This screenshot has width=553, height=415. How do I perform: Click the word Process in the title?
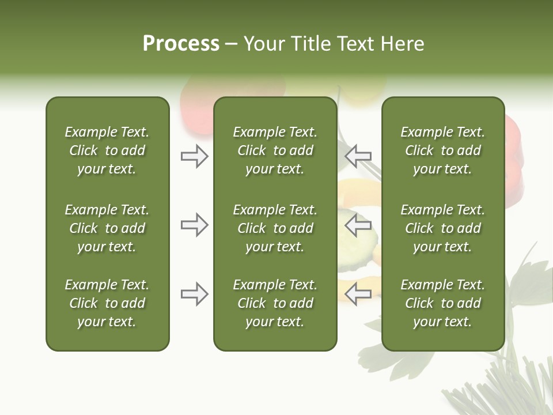(x=181, y=44)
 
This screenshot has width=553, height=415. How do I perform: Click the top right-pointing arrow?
(x=194, y=156)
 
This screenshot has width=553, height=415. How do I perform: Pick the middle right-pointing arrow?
(x=194, y=225)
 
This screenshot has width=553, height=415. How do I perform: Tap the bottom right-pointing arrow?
(x=194, y=294)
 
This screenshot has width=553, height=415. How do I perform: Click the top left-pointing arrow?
(x=358, y=156)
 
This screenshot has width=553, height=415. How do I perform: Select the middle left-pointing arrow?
(x=358, y=225)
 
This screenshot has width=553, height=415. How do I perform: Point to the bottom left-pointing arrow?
(x=358, y=293)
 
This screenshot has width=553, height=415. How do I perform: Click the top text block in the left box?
(x=107, y=150)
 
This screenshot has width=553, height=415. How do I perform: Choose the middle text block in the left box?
(x=107, y=228)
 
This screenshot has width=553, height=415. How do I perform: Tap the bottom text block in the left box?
(x=107, y=303)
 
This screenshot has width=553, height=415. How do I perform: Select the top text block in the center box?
(x=275, y=150)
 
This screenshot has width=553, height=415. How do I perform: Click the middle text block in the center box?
(x=275, y=228)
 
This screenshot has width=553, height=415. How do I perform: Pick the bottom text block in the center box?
(x=275, y=303)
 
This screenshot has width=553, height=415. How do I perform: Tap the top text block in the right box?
(x=442, y=150)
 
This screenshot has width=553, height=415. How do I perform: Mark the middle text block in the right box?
(x=442, y=228)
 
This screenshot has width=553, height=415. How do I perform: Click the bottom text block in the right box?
(x=442, y=303)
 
